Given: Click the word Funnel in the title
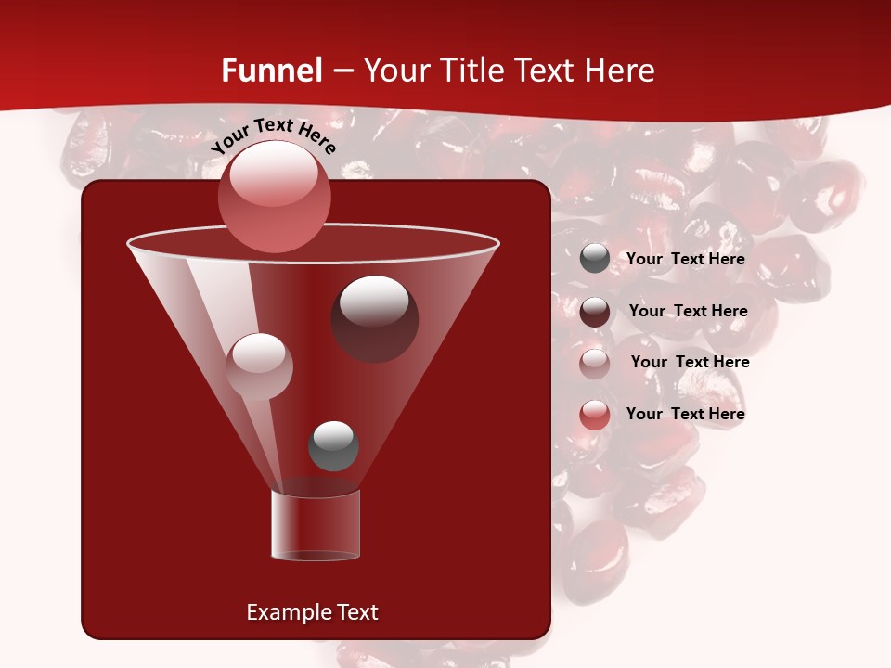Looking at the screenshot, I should [272, 71].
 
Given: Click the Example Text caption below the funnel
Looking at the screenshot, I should [312, 612].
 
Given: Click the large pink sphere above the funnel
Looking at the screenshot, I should [274, 196].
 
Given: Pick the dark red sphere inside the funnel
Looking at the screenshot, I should [374, 318].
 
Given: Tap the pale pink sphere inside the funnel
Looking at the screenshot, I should [259, 366].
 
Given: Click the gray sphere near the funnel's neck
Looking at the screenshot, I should [333, 445].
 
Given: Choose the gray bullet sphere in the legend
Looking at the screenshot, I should [595, 259].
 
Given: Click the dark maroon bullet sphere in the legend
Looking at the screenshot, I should [595, 312].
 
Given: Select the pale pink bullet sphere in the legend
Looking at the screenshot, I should [595, 363].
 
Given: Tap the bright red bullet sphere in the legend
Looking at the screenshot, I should [595, 415].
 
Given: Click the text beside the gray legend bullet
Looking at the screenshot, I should [685, 259].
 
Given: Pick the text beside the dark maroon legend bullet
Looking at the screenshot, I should [688, 311].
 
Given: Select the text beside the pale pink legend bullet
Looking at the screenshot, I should [690, 362].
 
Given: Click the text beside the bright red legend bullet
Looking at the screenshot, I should [685, 414].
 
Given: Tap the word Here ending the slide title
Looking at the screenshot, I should [619, 71].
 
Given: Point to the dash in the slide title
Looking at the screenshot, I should [342, 71].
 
